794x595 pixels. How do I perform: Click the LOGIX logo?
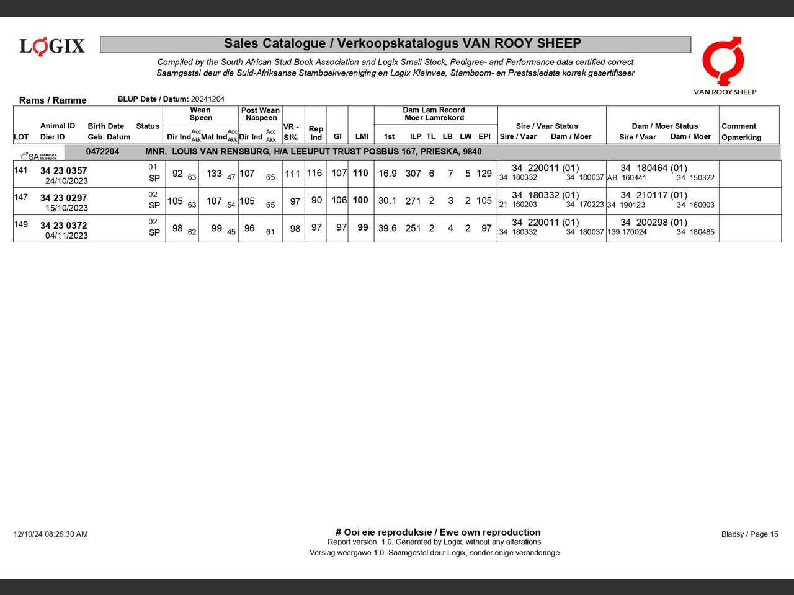pos(52,46)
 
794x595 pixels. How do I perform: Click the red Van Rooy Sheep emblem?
pos(724,61)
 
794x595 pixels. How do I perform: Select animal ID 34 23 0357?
pos(63,170)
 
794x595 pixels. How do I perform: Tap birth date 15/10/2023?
pos(66,208)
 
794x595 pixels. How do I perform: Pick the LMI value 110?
pos(360,174)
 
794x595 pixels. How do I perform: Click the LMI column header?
pos(362,136)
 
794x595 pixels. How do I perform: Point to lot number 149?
pos(20,224)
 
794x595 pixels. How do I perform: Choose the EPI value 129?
pos(484,174)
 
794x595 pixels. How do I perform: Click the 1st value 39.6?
pos(388,228)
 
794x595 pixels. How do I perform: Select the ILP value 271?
pos(413,201)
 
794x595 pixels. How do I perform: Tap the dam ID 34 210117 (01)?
pos(654,195)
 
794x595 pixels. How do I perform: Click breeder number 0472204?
pos(102,152)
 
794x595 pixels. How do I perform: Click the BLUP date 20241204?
pos(208,99)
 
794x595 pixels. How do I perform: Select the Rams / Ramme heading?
pos(53,100)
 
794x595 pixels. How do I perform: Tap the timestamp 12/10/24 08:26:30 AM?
pos(51,534)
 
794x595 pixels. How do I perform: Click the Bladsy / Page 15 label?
pos(749,534)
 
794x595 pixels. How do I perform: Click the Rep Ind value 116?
pos(314,174)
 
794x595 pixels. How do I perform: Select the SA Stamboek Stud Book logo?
pos(38,156)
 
